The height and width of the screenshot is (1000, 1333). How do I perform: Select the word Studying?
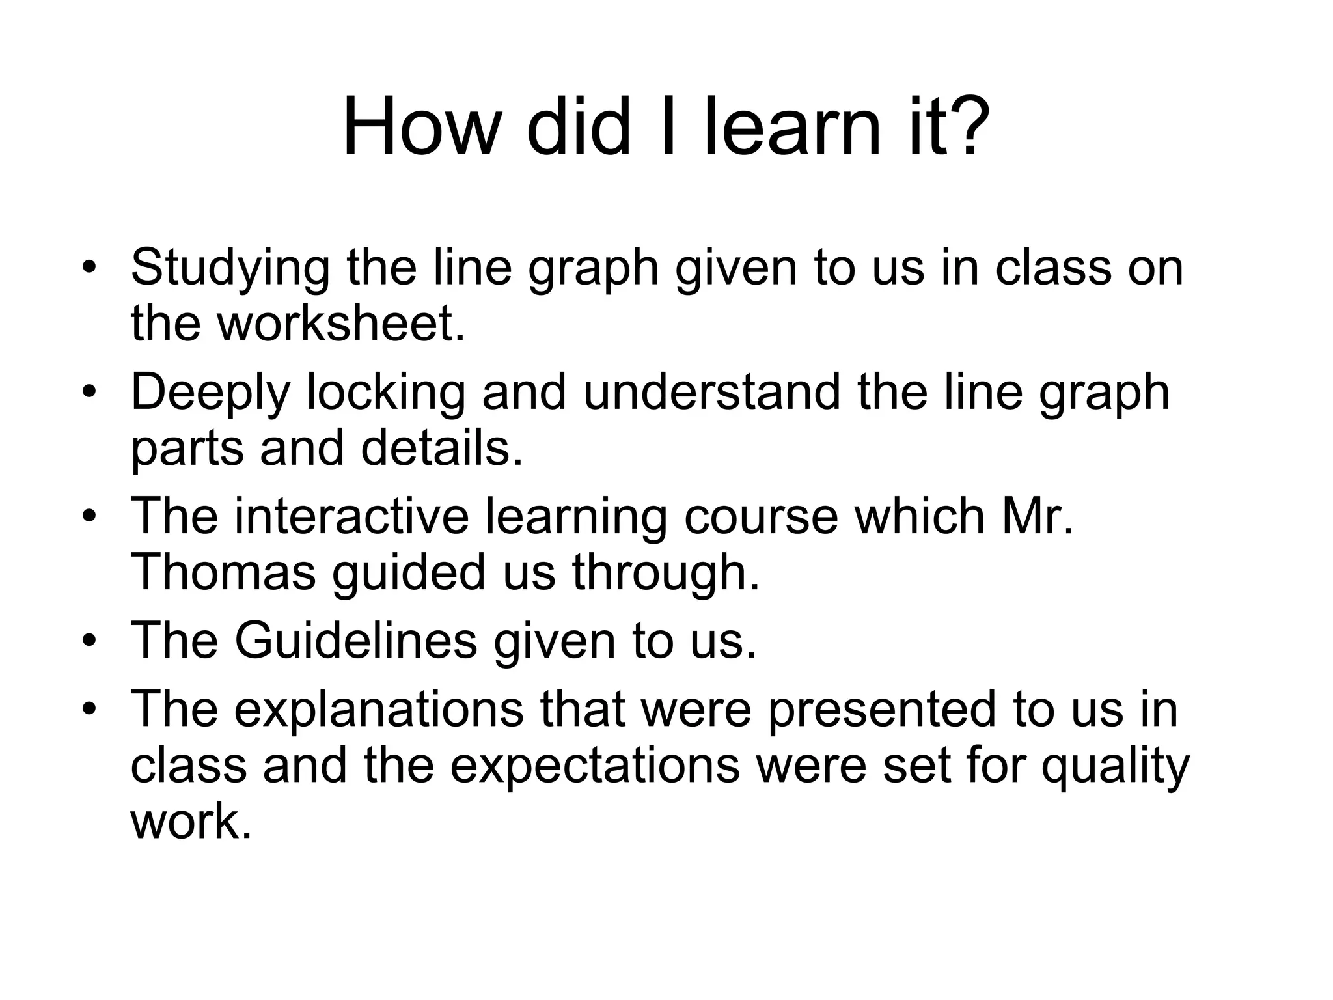click(x=230, y=268)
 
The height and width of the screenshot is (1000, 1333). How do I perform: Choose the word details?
click(x=442, y=449)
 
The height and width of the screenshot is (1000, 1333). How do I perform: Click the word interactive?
click(x=351, y=517)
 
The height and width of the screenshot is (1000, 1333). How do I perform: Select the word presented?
click(x=881, y=710)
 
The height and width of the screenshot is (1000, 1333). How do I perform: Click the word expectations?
click(x=595, y=766)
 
